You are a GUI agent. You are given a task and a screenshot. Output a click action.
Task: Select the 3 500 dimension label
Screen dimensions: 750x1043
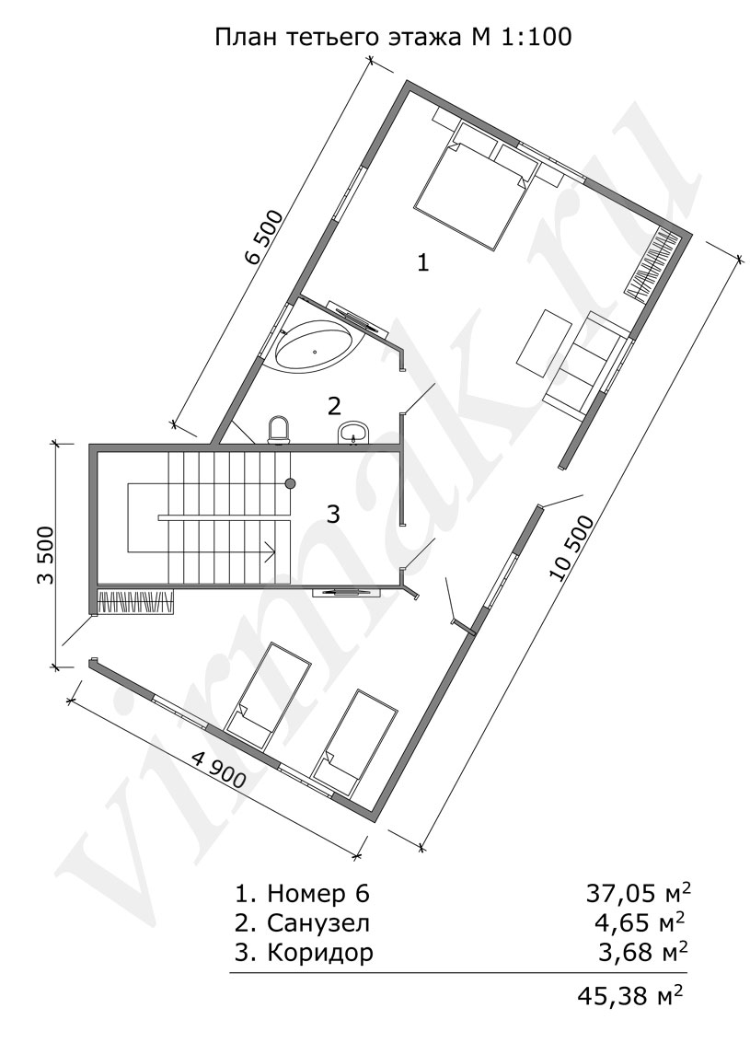click(44, 555)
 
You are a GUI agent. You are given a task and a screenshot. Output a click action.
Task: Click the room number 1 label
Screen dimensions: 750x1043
click(422, 263)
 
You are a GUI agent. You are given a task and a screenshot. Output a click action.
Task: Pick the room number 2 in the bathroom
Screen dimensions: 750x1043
click(334, 405)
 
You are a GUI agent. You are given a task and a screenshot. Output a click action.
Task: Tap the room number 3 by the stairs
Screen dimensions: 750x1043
click(334, 514)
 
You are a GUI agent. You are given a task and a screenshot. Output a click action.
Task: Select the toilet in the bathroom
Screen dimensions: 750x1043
click(279, 430)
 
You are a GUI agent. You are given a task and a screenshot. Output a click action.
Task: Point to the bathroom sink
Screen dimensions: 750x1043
click(353, 433)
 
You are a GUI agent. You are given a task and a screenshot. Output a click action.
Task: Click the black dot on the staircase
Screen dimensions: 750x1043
click(290, 483)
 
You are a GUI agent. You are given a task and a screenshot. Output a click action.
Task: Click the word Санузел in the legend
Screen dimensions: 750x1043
click(318, 923)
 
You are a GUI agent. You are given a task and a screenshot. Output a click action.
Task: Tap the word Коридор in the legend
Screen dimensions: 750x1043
click(320, 953)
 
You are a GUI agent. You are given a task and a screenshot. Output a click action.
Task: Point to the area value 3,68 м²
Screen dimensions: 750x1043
click(643, 952)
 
